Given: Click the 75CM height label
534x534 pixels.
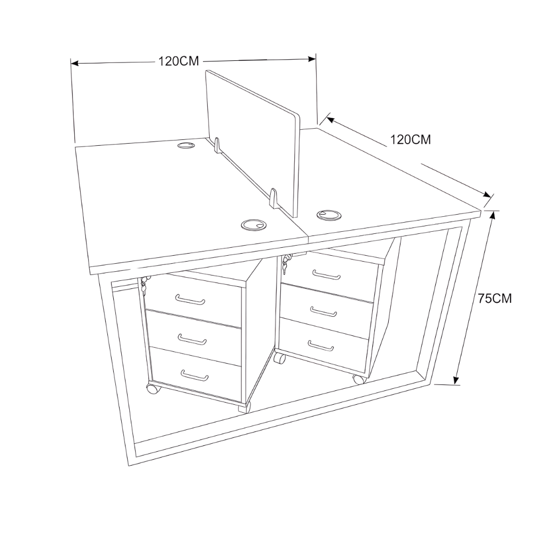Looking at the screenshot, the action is point(494,299).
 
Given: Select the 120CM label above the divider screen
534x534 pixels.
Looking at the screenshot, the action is point(178,61).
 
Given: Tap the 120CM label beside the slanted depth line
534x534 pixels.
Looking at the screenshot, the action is point(410,139).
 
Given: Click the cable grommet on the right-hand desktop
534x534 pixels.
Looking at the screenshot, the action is point(328,215).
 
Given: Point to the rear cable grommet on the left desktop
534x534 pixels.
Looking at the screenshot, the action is point(186,145).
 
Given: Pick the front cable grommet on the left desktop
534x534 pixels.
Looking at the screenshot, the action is point(254,225).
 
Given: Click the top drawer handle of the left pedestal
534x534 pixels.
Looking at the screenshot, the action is point(190,300).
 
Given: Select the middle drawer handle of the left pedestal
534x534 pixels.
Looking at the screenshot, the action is point(192,339).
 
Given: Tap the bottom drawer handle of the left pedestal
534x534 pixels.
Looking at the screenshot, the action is point(195,375).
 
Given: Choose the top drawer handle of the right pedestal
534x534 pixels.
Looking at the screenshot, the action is point(326,274).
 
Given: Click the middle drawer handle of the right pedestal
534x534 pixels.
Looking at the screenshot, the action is point(324,311).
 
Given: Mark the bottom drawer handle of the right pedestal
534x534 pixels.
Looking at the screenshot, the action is point(321,345).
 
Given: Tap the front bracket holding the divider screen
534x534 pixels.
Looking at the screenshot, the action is point(274,198).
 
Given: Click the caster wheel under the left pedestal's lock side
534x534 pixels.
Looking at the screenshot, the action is point(153,389).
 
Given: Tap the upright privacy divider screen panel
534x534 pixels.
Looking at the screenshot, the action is point(253,143).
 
